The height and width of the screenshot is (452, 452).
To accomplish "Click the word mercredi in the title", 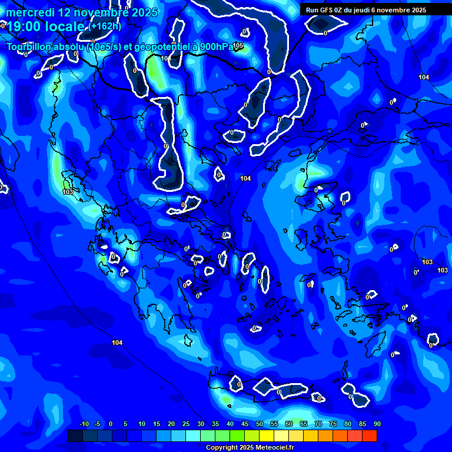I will [30, 12].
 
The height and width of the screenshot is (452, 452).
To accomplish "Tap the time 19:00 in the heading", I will [25, 27].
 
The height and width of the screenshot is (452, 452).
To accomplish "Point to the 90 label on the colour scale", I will [377, 424].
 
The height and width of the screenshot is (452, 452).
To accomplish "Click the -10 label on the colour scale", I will [84, 424].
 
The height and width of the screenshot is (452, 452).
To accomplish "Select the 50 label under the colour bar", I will [260, 424].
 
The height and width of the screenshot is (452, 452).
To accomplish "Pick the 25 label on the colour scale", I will [186, 424].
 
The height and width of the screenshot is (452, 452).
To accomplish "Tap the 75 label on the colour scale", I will [333, 424].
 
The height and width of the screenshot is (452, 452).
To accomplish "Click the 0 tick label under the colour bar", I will [111, 424].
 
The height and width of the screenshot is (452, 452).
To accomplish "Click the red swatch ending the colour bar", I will [369, 436].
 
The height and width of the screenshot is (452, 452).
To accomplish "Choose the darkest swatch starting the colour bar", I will [75, 436].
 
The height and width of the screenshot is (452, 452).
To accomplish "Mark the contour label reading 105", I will [238, 45].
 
